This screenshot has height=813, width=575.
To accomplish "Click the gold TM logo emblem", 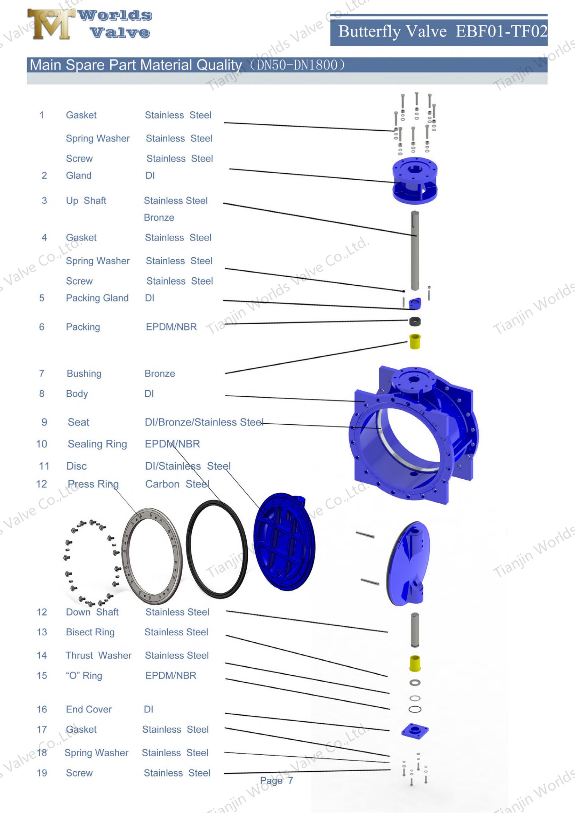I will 51,24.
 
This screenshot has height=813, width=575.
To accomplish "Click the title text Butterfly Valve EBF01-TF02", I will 442,31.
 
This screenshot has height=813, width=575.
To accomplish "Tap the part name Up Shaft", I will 86,201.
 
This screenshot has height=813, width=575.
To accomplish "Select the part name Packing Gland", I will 97,298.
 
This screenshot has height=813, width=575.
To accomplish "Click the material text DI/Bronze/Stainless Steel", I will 204,422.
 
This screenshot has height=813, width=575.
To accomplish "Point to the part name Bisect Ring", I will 90,632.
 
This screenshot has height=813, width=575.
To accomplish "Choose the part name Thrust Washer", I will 98,656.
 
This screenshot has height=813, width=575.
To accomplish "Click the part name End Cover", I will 89,709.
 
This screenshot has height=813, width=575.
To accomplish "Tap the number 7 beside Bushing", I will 42,374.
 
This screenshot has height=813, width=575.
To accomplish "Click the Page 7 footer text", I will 276,780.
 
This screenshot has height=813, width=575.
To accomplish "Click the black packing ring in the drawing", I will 415,322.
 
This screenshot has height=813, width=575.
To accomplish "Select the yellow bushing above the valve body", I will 415,341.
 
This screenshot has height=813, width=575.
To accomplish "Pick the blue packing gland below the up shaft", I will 415,303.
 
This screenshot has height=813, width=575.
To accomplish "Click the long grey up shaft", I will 415,251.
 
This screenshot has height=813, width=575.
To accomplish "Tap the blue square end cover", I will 415,730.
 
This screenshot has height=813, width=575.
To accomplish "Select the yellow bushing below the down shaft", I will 415,663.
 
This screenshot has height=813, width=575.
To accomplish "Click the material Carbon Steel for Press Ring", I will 177,484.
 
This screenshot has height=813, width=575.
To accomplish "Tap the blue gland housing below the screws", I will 415,181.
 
